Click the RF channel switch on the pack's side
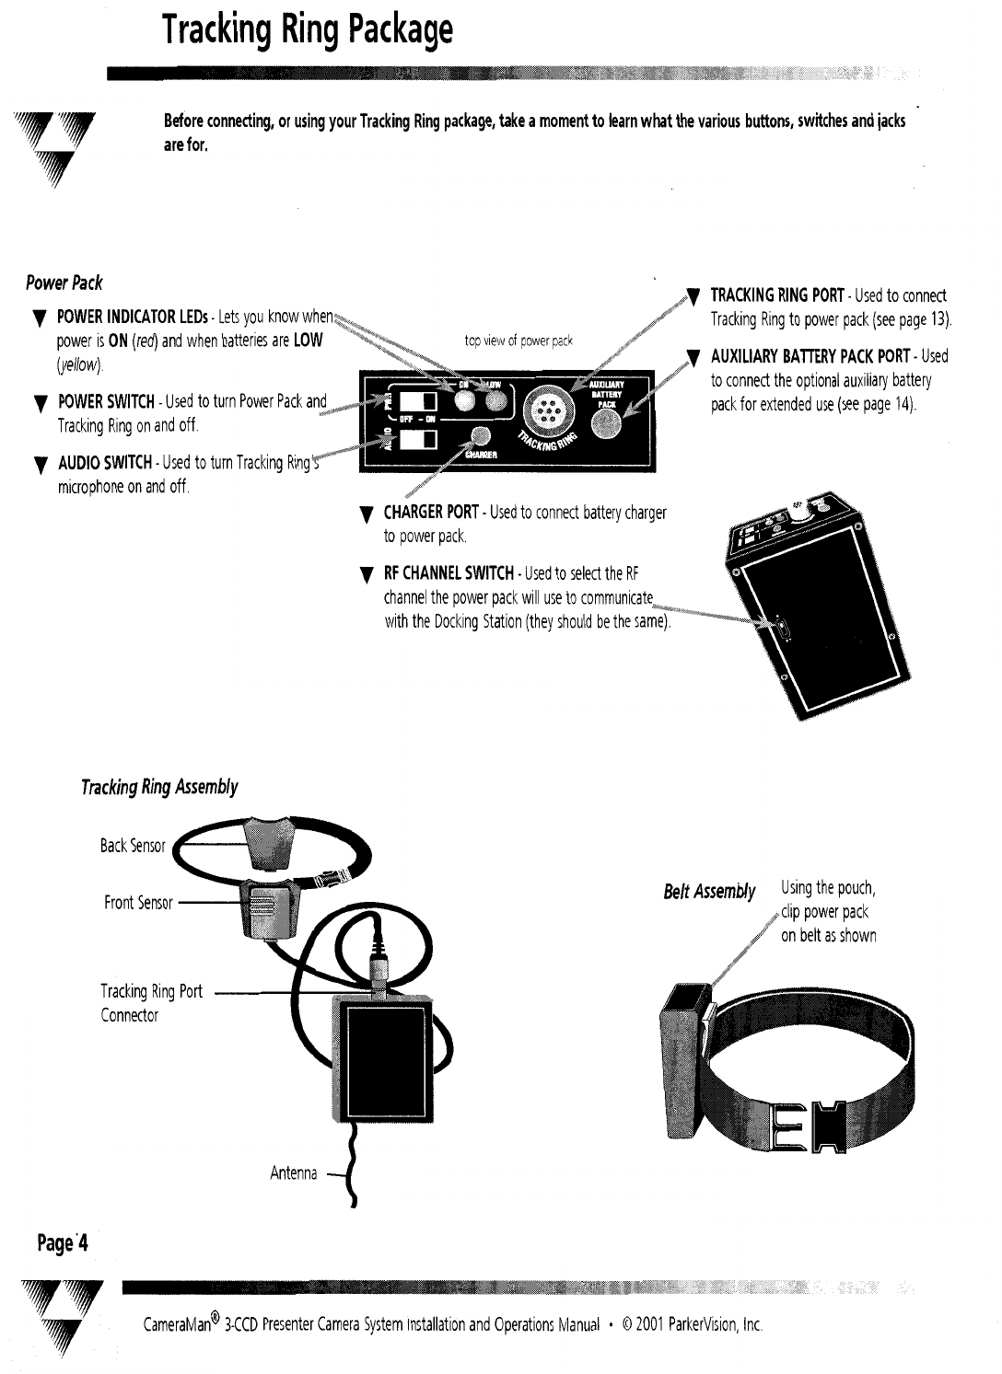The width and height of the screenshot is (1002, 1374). tap(781, 631)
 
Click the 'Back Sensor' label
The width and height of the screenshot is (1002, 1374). tap(133, 845)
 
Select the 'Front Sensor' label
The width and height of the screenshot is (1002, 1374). tap(138, 903)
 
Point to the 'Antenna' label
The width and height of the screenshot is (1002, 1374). tap(293, 1173)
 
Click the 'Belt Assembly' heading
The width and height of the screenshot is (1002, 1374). tap(709, 892)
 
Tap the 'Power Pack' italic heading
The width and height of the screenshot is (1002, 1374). tap(64, 283)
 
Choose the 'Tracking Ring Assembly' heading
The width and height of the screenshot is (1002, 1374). tap(158, 787)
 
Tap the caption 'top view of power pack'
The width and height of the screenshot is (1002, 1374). tap(518, 341)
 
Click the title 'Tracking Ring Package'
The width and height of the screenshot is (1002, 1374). tap(308, 30)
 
